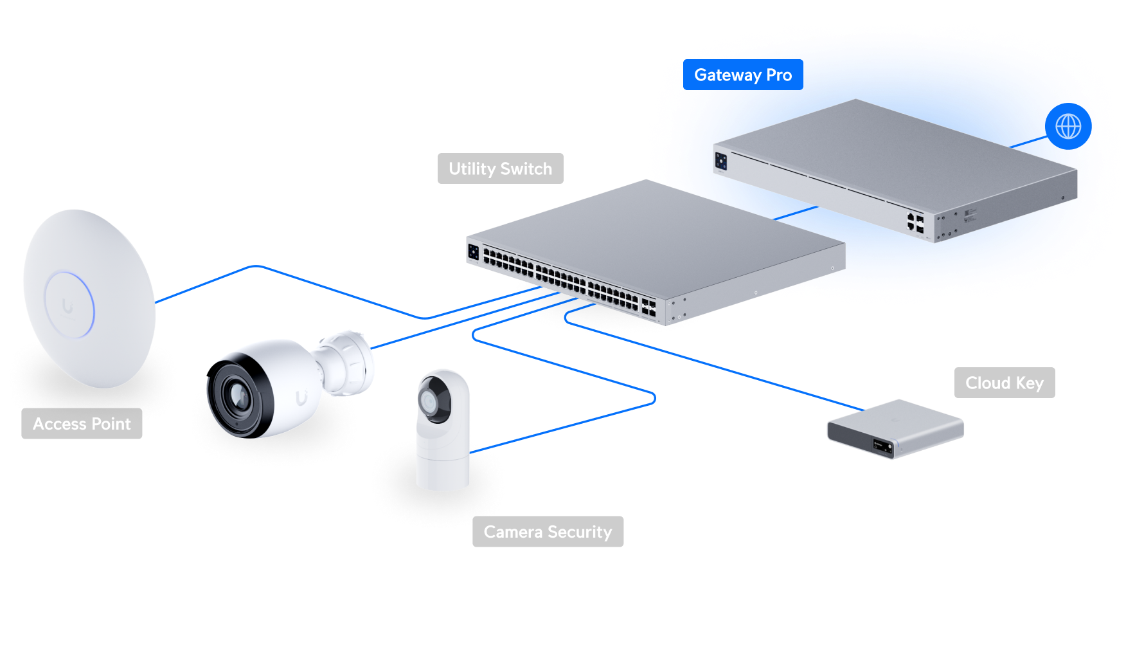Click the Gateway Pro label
point(742,75)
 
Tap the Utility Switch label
point(500,169)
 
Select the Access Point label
point(82,424)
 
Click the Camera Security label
point(548,532)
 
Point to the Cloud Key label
point(1004,383)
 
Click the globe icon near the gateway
point(1068,127)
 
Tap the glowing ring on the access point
point(69,305)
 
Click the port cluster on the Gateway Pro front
point(915,222)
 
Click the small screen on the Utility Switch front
point(474,251)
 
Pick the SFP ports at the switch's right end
point(648,307)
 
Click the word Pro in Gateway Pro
point(779,75)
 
